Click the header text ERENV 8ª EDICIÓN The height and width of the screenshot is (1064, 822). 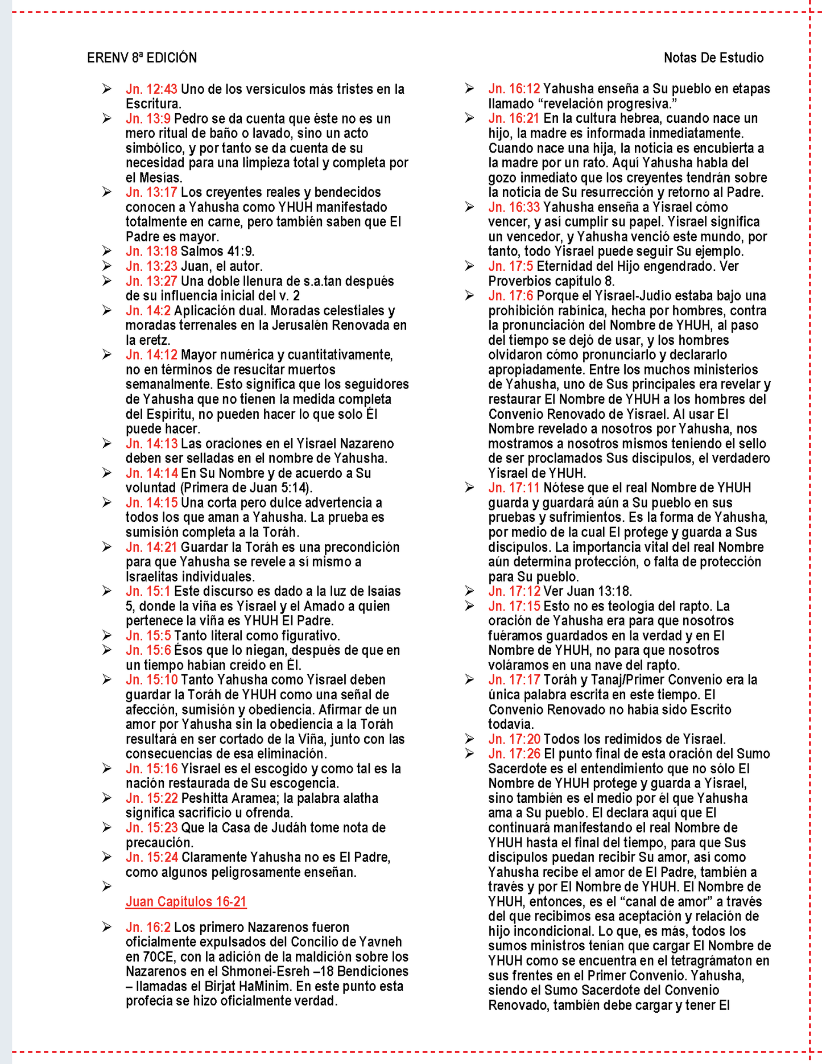coord(142,58)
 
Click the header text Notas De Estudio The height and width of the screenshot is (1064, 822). coord(713,58)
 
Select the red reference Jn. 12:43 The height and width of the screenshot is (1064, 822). coord(151,89)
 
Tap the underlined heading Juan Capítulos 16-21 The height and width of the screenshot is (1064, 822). coord(186,902)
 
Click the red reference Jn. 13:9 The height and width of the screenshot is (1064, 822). coord(148,119)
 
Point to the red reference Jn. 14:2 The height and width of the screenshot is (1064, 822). coord(148,311)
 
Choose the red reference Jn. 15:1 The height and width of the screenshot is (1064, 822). coord(148,592)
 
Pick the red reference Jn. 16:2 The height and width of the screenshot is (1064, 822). coord(148,927)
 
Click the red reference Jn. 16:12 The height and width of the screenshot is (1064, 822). coord(514,89)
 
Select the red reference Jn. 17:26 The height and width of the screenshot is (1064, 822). coord(514,754)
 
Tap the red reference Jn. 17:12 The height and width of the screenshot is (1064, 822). coord(514,591)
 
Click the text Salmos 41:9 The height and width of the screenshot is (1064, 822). coord(217,251)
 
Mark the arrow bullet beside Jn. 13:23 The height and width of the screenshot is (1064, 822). coord(106,266)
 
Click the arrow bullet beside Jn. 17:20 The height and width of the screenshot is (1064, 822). coord(469,739)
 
